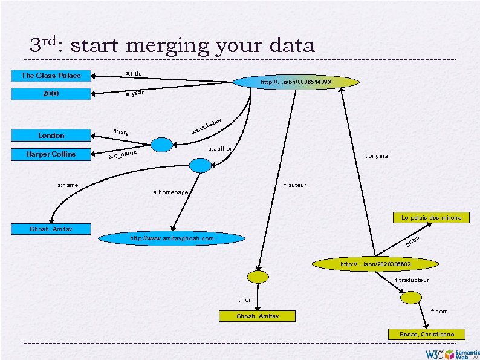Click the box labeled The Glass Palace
(51, 76)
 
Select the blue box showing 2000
(51, 94)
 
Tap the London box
(51, 136)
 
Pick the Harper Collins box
(51, 154)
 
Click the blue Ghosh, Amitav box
(51, 229)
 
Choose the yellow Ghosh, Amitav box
(257, 316)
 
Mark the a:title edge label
(134, 74)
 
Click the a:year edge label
(134, 93)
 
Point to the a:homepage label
(171, 192)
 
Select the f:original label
(377, 156)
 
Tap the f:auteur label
(295, 185)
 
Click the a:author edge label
(220, 148)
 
